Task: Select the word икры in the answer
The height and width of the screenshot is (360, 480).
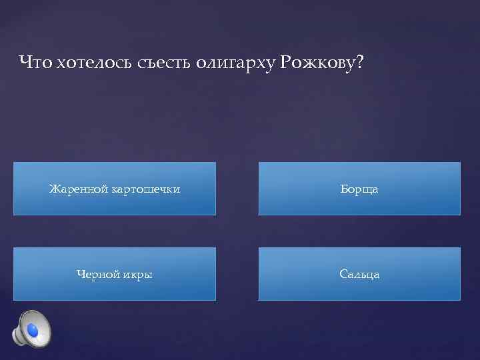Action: click(138, 275)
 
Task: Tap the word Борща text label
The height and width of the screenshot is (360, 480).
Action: click(359, 189)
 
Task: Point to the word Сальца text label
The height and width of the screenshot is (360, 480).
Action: click(359, 274)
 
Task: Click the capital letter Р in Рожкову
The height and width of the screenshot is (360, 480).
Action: click(286, 63)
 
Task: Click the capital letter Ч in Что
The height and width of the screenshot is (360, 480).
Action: click(25, 63)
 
